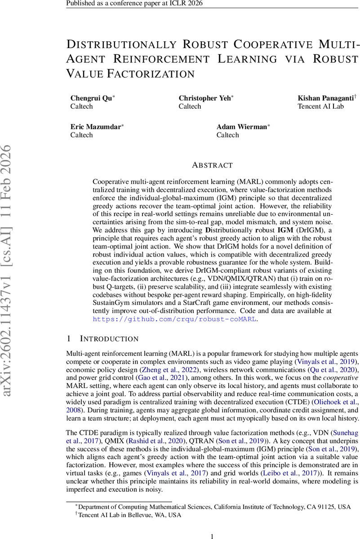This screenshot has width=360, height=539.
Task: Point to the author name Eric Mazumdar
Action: [x=96, y=127]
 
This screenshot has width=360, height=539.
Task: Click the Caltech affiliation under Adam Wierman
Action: [x=228, y=135]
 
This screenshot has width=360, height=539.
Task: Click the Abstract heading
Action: [x=212, y=165]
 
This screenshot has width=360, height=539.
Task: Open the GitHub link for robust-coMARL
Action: [x=174, y=319]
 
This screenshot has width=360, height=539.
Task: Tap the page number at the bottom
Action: [x=212, y=535]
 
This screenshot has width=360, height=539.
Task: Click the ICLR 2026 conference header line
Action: [x=134, y=4]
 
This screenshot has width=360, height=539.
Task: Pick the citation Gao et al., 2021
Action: [x=161, y=378]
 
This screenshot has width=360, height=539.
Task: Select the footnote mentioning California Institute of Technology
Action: [x=212, y=507]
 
